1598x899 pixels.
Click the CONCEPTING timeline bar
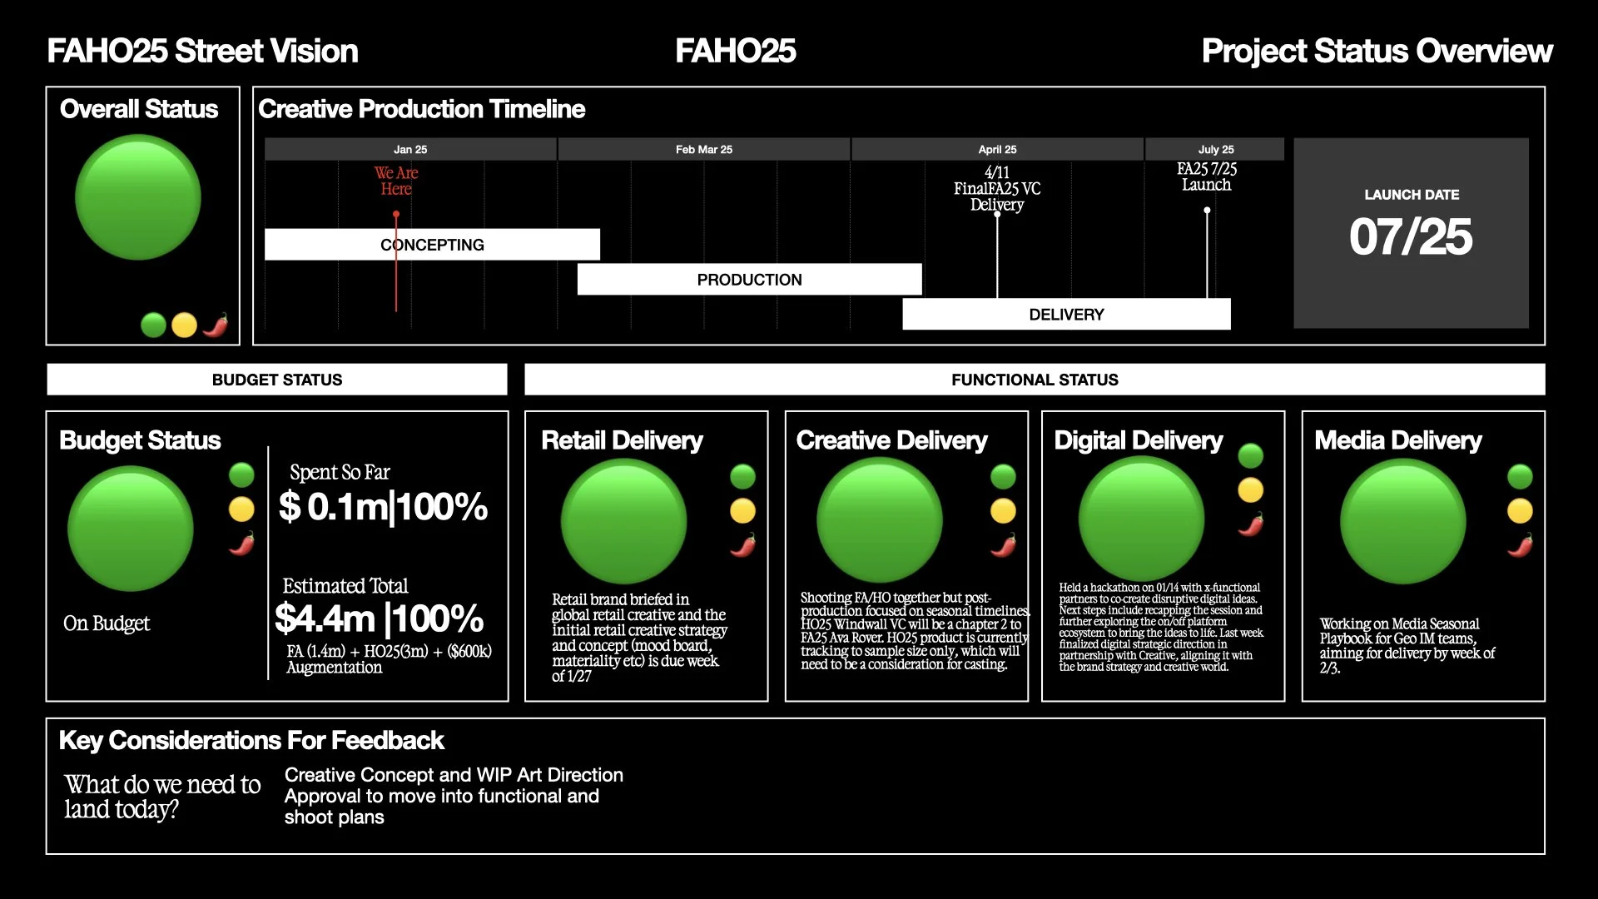click(432, 245)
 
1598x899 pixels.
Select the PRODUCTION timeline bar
click(749, 280)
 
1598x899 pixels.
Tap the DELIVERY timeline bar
click(1066, 315)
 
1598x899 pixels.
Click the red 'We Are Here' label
click(396, 181)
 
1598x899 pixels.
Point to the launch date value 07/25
click(1411, 237)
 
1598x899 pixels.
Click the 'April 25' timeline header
click(997, 150)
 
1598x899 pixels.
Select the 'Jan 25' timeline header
click(410, 150)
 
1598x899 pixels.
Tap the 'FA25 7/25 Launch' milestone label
click(1207, 176)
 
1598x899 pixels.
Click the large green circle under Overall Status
click(138, 198)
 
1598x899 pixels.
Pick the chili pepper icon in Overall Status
click(216, 325)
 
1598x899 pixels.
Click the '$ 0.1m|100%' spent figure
click(384, 506)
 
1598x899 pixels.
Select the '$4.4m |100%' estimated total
click(380, 618)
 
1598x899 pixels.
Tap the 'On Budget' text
click(107, 623)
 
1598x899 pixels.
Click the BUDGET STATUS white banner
click(277, 380)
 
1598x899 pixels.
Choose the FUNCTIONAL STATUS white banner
click(1035, 380)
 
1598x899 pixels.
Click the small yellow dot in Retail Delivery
click(742, 511)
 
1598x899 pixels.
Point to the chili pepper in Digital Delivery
click(1251, 524)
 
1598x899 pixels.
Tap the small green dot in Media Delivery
click(1520, 476)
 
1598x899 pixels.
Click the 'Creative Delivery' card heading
click(891, 440)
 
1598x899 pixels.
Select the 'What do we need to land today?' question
click(163, 797)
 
